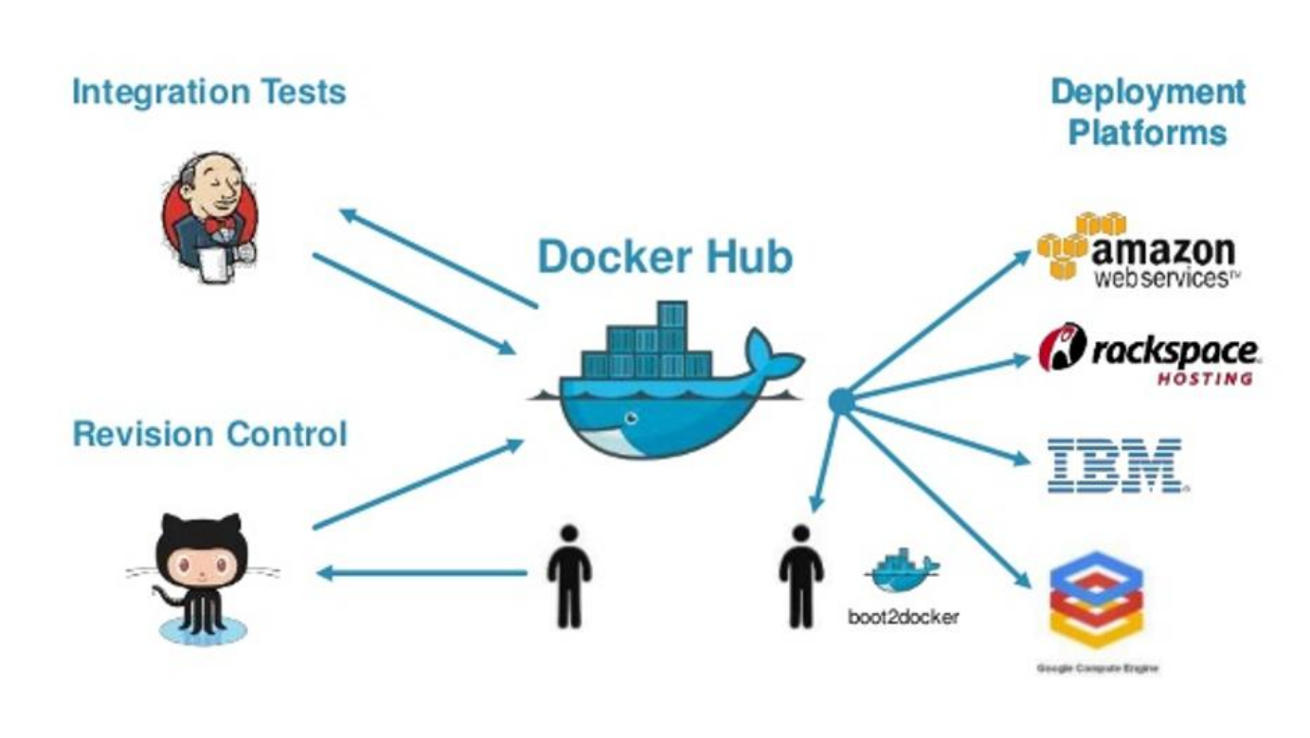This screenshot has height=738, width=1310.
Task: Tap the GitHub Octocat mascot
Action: coord(202,574)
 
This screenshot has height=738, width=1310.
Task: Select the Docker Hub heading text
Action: coord(665,257)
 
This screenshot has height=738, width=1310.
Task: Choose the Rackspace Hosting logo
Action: coord(1150,354)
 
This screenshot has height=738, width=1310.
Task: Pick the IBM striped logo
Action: coord(1115,465)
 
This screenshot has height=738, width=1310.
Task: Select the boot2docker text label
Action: coord(903,618)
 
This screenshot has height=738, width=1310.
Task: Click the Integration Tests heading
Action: coord(208,93)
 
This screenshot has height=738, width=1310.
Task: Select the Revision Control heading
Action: coord(209,435)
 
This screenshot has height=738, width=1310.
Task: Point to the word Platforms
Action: coord(1147,133)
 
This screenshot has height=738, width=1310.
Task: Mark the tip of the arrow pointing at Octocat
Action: coord(320,573)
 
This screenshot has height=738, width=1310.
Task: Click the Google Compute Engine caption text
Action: coord(1097,669)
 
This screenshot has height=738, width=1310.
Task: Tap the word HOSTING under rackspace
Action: coord(1204,379)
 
